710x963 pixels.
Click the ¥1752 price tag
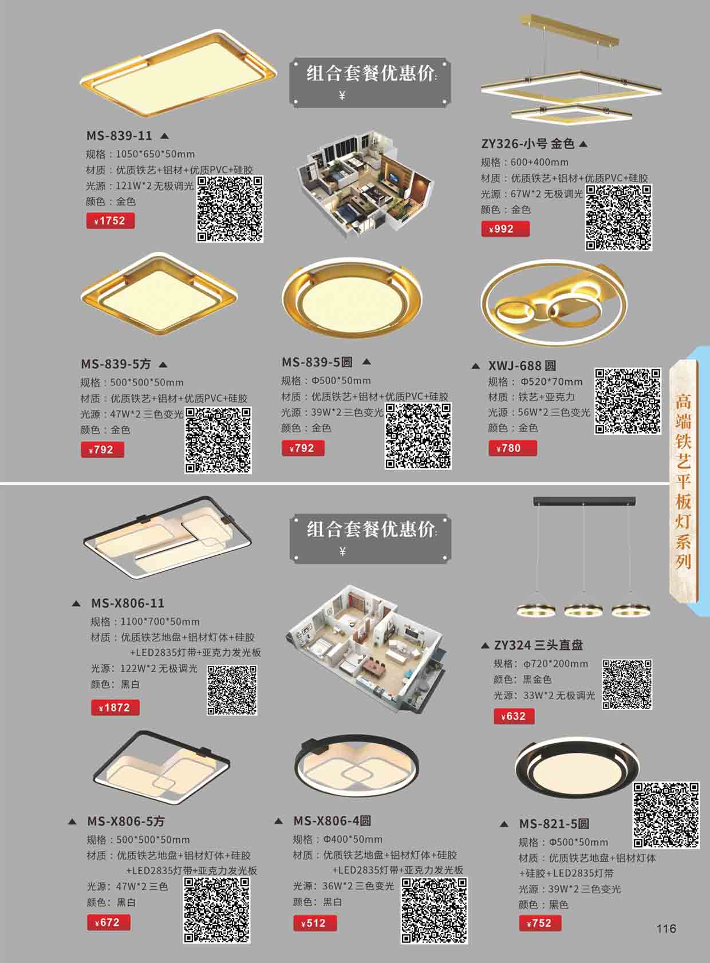[x=111, y=221]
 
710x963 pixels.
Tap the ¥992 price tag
[x=505, y=229]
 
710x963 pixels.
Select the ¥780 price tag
[x=512, y=448]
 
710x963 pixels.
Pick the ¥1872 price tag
[x=115, y=707]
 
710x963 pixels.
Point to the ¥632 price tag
[x=514, y=716]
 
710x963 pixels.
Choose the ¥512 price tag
[x=315, y=923]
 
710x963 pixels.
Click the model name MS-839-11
[x=119, y=136]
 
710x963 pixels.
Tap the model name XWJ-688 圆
[x=522, y=366]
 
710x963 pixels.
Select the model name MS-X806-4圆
[x=332, y=820]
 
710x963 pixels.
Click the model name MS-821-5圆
[x=554, y=824]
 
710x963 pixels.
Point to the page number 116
[x=666, y=929]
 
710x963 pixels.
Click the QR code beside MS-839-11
[x=230, y=209]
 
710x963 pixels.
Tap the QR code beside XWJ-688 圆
[x=628, y=401]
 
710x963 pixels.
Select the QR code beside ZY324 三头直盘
[x=627, y=684]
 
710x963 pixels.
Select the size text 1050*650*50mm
[x=155, y=154]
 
